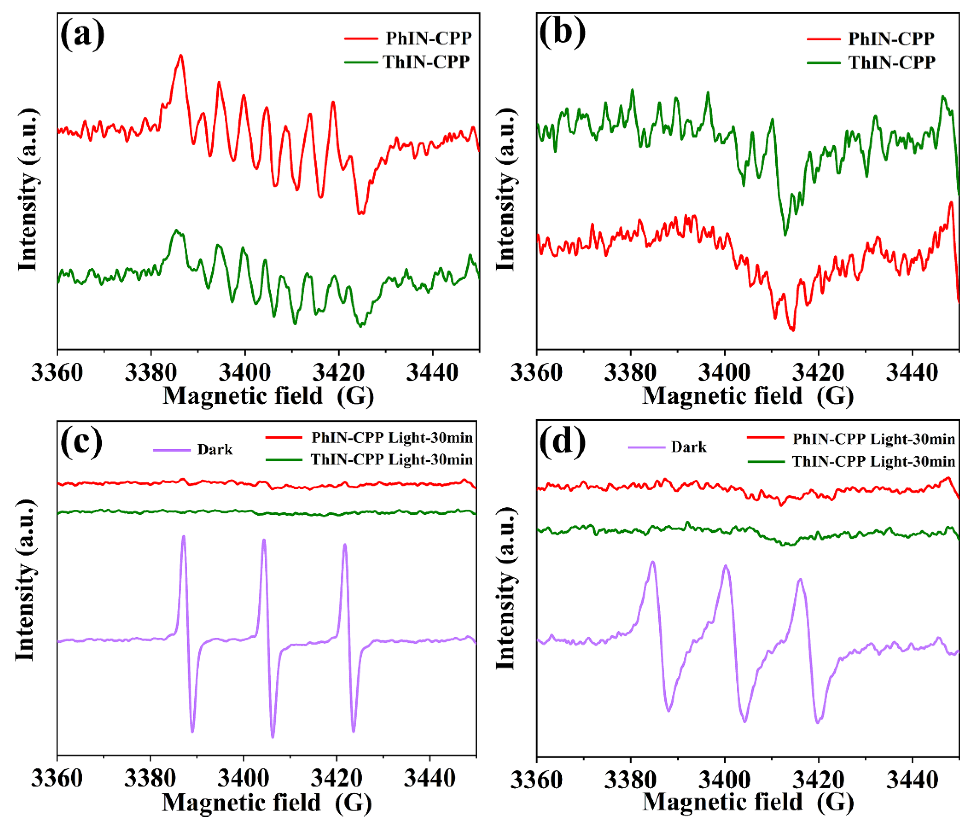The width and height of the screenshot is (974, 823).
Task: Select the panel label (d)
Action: coord(562,441)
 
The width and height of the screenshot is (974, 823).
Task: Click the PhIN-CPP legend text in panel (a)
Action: coord(428,38)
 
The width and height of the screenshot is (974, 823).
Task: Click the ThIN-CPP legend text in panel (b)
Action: coord(891,63)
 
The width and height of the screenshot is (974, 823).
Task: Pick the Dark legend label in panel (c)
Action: coord(215,449)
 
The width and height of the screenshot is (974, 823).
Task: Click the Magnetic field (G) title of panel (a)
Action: coord(268,396)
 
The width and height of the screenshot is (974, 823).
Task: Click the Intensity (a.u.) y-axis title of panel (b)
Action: coord(506,189)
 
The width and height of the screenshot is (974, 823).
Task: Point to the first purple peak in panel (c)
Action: coord(183,537)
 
